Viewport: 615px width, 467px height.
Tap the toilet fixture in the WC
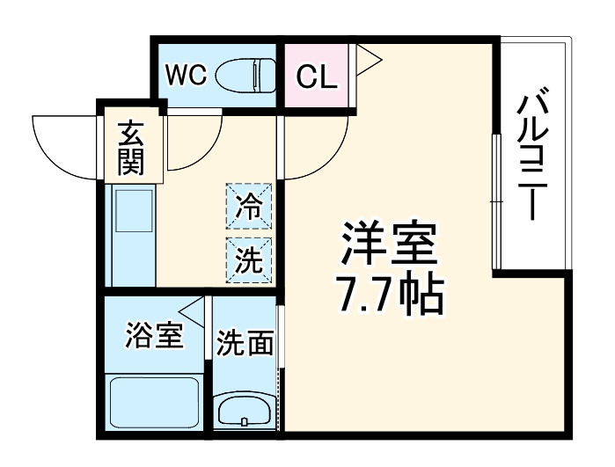pyautogui.click(x=244, y=75)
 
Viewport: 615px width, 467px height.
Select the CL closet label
pyautogui.click(x=316, y=77)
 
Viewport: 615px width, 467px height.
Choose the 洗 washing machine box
pyautogui.click(x=249, y=258)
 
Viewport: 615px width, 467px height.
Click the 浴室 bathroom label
pyautogui.click(x=154, y=335)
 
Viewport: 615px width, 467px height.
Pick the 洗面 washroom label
pyautogui.click(x=245, y=342)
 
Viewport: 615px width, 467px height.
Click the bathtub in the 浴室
pyautogui.click(x=155, y=405)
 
